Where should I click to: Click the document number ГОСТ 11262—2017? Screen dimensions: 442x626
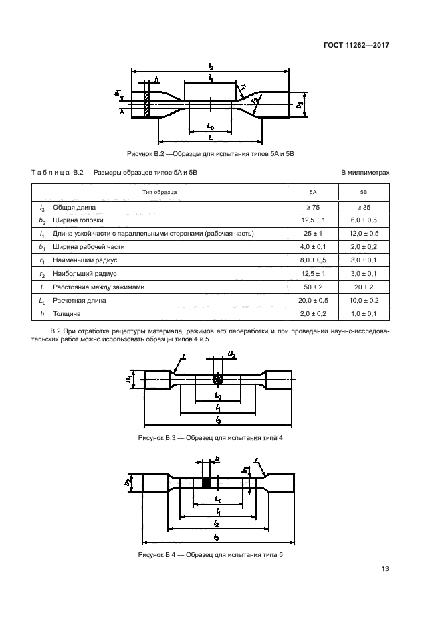[356, 45]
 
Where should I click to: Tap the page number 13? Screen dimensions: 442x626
[385, 568]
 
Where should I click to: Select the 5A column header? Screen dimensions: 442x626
[313, 192]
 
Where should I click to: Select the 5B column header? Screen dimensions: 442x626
[364, 192]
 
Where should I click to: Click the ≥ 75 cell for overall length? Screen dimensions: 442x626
[313, 207]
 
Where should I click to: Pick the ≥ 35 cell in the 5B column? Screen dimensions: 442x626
[364, 207]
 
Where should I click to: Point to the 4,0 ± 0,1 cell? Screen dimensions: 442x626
[313, 247]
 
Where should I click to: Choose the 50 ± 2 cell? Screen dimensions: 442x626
[313, 287]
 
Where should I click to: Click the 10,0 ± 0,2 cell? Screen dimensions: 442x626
[364, 300]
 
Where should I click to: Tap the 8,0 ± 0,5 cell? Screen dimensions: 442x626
[313, 260]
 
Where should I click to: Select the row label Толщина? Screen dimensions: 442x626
[67, 314]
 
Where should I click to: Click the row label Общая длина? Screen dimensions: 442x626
[74, 207]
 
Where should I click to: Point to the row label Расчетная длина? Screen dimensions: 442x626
[80, 300]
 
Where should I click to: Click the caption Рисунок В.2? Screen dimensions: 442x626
[211, 154]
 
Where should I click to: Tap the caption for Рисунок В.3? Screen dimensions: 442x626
[211, 438]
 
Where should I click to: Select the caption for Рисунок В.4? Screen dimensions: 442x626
[211, 554]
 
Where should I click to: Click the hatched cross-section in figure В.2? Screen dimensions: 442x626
[147, 104]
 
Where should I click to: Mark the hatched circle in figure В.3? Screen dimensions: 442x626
[217, 379]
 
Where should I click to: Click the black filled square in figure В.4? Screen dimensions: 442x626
[206, 483]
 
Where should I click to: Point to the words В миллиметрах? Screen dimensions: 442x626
[365, 173]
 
